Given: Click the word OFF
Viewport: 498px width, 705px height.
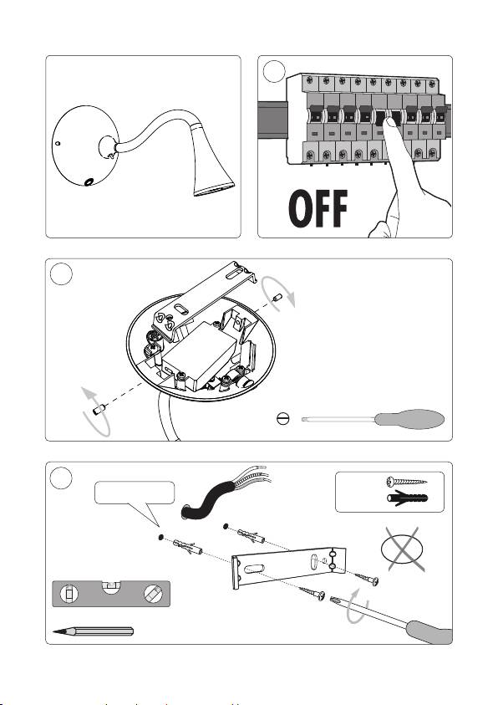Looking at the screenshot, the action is [318, 208].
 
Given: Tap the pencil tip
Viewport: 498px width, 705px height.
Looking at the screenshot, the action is [54, 631].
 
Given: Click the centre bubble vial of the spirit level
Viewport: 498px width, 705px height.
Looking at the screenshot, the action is [111, 587].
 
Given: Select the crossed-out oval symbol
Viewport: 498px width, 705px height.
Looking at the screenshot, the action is [402, 549].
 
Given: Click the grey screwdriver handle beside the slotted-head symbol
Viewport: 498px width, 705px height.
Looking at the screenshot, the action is [409, 419].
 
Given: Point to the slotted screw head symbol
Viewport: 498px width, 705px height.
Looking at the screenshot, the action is [283, 419].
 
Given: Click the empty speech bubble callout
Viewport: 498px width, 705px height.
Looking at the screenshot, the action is [135, 499].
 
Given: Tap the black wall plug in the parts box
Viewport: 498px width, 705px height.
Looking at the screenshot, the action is [407, 498].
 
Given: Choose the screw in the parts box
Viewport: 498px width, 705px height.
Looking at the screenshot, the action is [406, 482].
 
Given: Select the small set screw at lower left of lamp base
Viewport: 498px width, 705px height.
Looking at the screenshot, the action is [99, 409].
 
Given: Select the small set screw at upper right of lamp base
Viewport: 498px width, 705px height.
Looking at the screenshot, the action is [277, 298].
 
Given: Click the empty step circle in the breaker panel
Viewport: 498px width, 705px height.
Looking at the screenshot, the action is [274, 71].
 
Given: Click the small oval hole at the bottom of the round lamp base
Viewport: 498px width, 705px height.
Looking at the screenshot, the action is [89, 181].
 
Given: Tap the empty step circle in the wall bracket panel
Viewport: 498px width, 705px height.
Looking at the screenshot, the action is [61, 478].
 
